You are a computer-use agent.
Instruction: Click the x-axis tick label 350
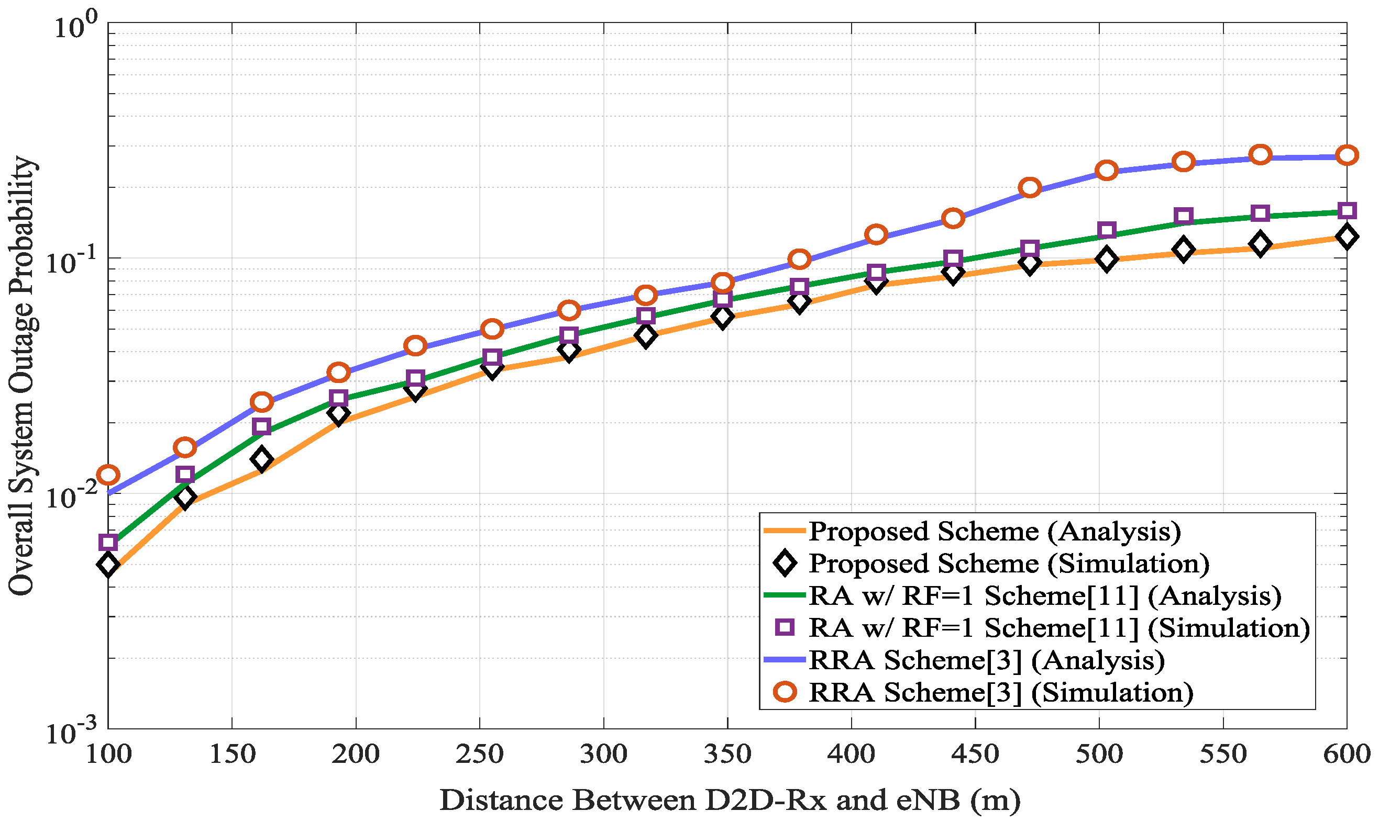coord(726,754)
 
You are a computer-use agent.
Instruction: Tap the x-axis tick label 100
coord(108,754)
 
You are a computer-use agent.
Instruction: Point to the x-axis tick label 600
coord(1347,754)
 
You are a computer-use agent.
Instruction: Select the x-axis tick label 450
coord(974,754)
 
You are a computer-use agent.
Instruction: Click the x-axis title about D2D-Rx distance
coord(730,801)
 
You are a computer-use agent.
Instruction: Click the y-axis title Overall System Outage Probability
coord(22,376)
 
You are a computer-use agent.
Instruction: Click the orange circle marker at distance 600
coord(1347,155)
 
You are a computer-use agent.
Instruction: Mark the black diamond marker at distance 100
coord(108,565)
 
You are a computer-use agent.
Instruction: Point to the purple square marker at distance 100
coord(108,542)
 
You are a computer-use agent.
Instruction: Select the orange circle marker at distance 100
coord(108,475)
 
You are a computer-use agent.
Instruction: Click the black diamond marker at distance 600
coord(1347,237)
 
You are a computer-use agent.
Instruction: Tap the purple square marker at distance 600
coord(1347,210)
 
